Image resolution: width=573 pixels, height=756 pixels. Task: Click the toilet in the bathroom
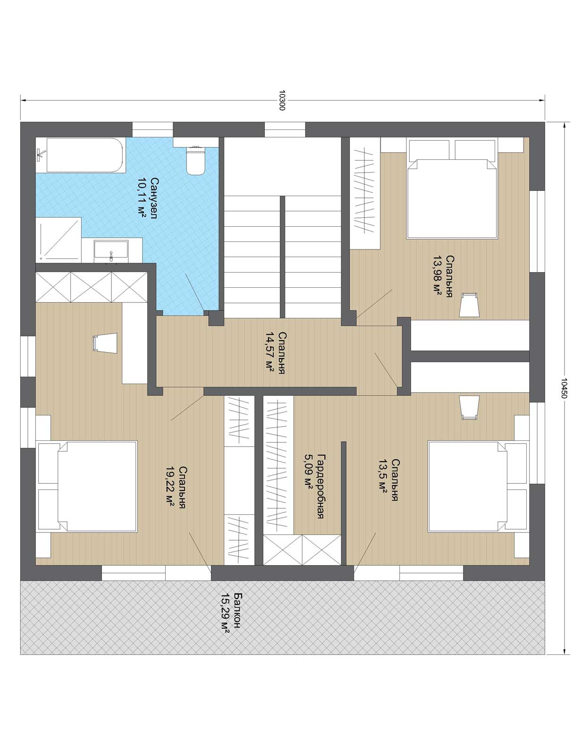196,160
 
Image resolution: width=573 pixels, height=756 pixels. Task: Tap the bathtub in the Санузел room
84,155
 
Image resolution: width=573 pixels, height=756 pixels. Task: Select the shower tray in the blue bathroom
59,240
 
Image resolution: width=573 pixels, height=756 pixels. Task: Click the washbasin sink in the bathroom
111,252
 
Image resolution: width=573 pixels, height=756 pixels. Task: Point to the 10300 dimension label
282,100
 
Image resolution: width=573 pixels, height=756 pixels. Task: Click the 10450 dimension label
564,388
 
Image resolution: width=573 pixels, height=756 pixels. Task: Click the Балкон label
237,610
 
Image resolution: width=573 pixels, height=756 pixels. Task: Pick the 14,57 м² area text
270,352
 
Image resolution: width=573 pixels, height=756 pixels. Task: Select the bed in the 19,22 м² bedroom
87,486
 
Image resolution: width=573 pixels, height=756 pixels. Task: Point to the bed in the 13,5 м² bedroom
478,486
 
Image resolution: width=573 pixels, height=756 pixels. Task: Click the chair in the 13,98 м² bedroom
469,304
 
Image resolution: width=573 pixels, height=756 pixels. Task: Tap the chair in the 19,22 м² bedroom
105,343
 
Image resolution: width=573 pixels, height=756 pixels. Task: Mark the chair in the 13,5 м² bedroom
469,407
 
